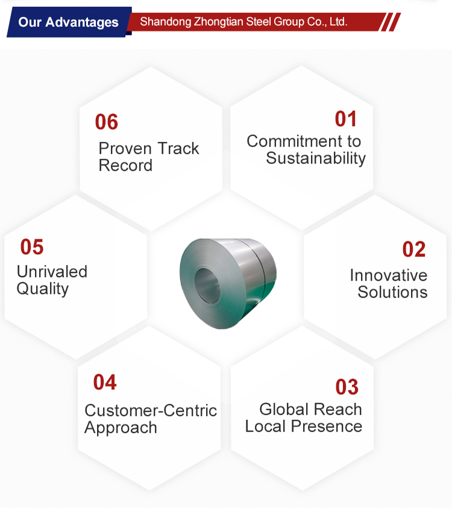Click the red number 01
[345, 119]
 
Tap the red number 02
[414, 249]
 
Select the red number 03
[347, 387]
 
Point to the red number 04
[105, 382]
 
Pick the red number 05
[32, 247]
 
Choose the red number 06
[107, 122]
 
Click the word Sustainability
[316, 159]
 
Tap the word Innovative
[388, 275]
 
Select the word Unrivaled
[52, 272]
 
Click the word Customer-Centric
[151, 410]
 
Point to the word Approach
[121, 428]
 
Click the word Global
[284, 409]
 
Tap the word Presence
[327, 426]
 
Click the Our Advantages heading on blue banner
[68, 22]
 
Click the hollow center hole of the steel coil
[207, 285]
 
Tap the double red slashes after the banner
[391, 22]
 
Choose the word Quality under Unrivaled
[42, 289]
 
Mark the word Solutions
[392, 292]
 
